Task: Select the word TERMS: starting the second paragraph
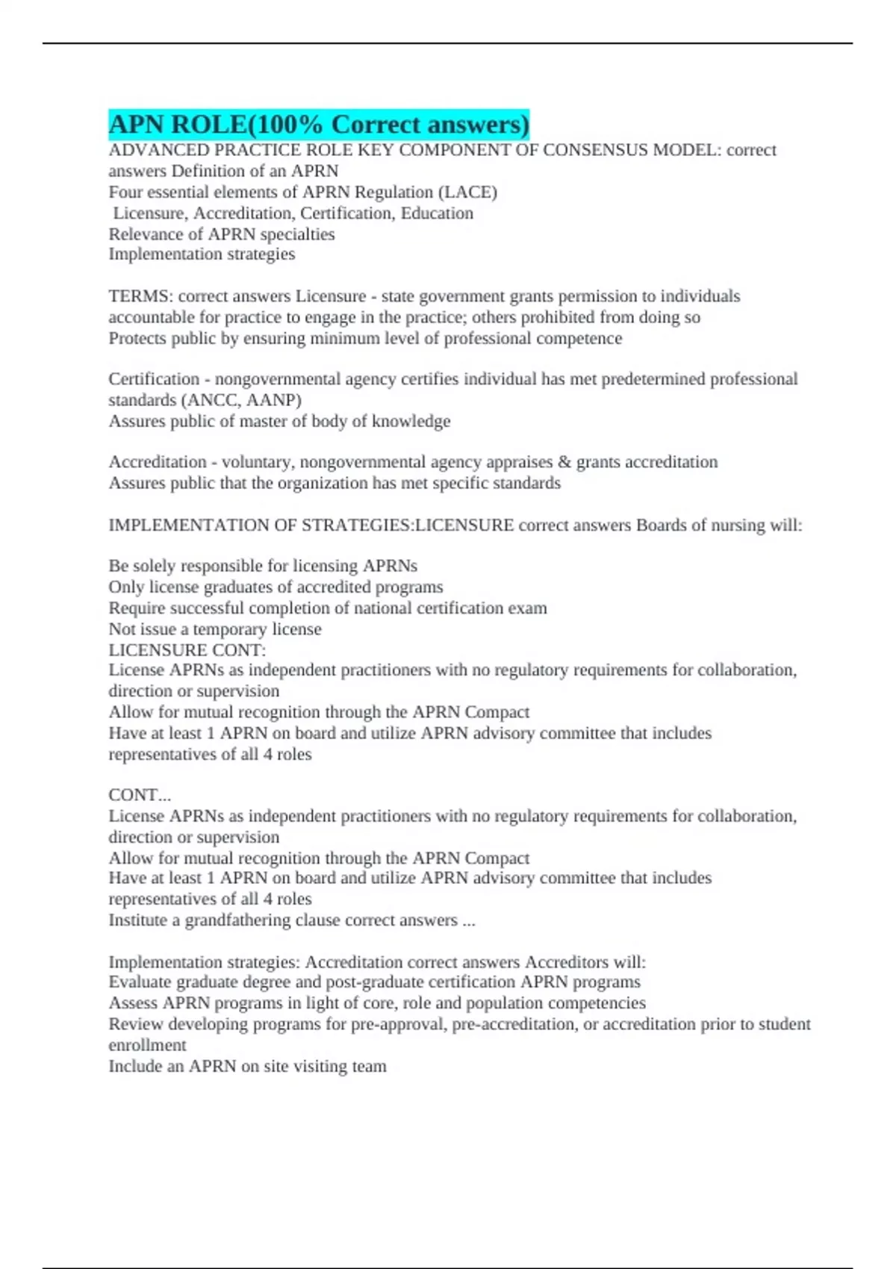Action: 140,296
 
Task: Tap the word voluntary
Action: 258,462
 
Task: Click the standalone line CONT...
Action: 140,794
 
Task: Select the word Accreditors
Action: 566,961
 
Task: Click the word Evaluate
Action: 139,982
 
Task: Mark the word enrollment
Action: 147,1045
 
